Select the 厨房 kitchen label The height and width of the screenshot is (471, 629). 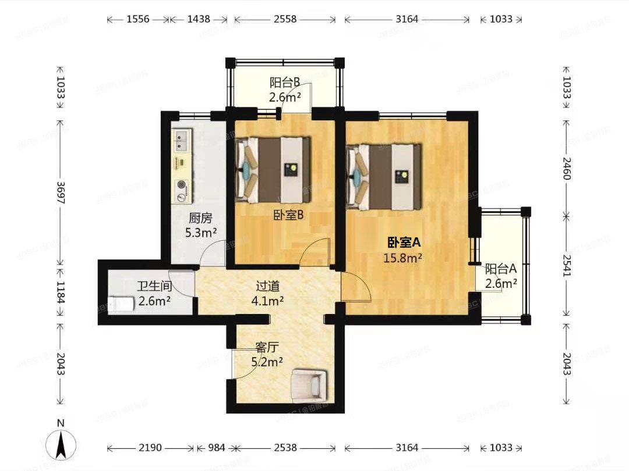(x=200, y=219)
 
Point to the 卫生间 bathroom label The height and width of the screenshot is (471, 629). (x=154, y=287)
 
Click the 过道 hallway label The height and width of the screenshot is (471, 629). (x=268, y=286)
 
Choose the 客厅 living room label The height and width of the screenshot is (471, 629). (x=267, y=347)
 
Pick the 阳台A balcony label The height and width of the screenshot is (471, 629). (x=501, y=269)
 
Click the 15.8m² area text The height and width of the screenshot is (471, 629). (x=402, y=258)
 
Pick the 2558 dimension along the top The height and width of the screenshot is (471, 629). (x=285, y=19)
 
